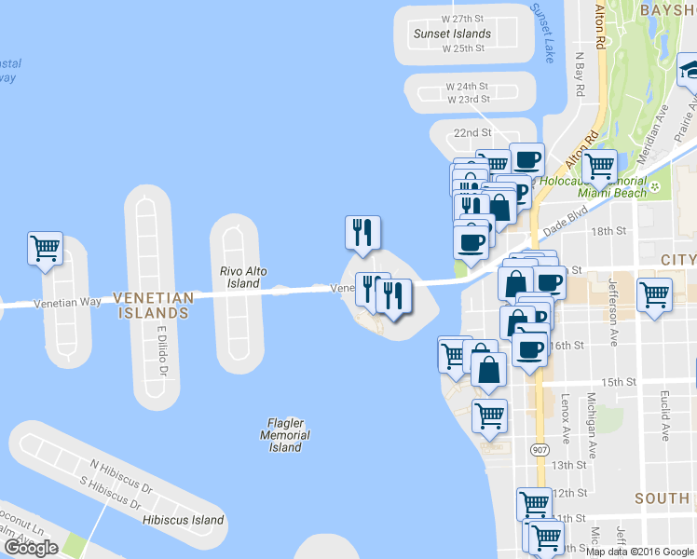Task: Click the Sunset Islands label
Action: (452, 34)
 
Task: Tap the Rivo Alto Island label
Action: (243, 277)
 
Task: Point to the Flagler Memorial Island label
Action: (285, 435)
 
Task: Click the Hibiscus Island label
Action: (184, 519)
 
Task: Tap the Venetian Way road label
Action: (67, 303)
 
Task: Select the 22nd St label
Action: (472, 133)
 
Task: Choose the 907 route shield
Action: (540, 450)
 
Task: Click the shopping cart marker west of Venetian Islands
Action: (45, 248)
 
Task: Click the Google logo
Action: (31, 548)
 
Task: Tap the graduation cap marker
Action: (689, 70)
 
